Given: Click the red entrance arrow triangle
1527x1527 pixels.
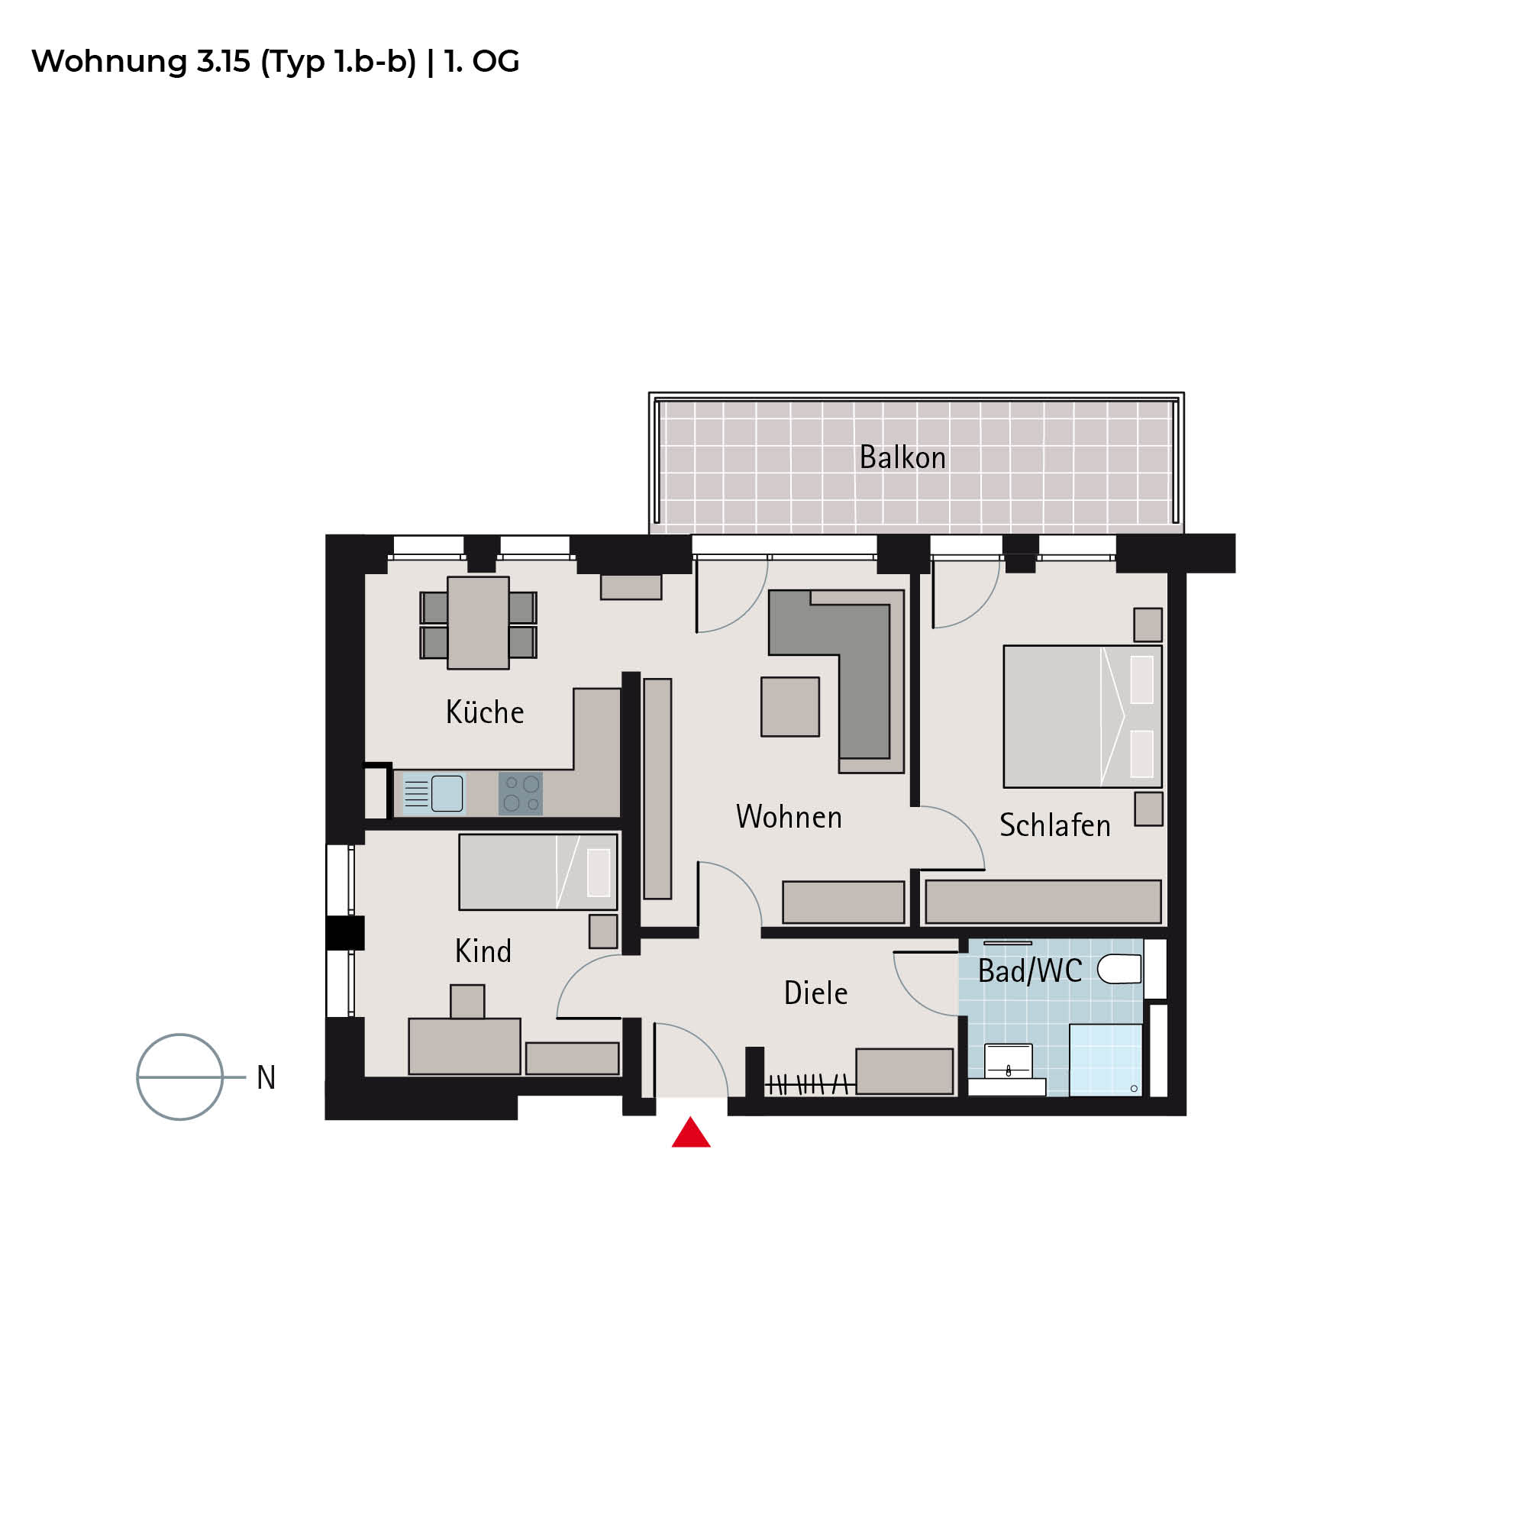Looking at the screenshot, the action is [691, 1132].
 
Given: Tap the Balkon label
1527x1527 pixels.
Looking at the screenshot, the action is [902, 457].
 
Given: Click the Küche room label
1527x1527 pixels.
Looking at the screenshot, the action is [485, 712].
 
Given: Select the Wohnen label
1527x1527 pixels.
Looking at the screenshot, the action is [789, 816].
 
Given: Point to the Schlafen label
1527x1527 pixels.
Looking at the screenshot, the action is [1054, 825].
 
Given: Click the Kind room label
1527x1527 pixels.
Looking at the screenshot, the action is [483, 950].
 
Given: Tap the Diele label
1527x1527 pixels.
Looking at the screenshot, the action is [815, 993].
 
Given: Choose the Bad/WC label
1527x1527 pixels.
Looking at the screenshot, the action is [1030, 970].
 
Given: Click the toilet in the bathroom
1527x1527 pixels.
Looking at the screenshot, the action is [1119, 968].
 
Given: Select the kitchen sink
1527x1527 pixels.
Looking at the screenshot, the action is [433, 793].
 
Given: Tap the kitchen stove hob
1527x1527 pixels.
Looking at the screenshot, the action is [521, 793].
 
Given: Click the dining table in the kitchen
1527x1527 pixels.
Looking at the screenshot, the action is [478, 623].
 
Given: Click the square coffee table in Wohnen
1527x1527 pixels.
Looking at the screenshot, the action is [790, 706].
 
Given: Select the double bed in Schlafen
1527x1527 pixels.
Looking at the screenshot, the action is [1083, 716].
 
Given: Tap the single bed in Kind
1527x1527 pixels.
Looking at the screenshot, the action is [538, 872].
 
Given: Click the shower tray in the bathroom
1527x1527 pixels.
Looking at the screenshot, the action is [1106, 1060].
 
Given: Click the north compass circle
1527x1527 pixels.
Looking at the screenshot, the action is [180, 1077].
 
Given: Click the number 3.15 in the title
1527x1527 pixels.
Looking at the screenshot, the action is [224, 61].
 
